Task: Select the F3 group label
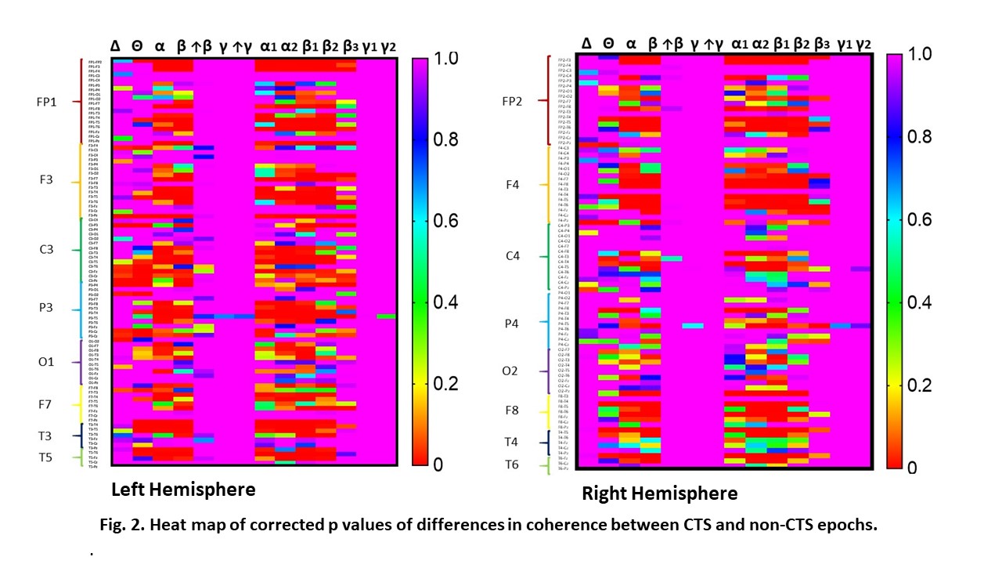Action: tap(46, 180)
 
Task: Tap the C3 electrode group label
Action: tap(46, 250)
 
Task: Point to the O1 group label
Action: tap(46, 362)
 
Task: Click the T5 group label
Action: tap(45, 457)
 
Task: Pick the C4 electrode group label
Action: tap(513, 256)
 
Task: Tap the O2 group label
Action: tap(510, 371)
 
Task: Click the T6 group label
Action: tap(511, 465)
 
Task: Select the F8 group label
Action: tap(511, 410)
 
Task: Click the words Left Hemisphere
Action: tap(183, 490)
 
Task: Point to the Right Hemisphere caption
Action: tap(659, 493)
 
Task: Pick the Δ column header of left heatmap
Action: tap(116, 47)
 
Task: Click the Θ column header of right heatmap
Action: tap(609, 44)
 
